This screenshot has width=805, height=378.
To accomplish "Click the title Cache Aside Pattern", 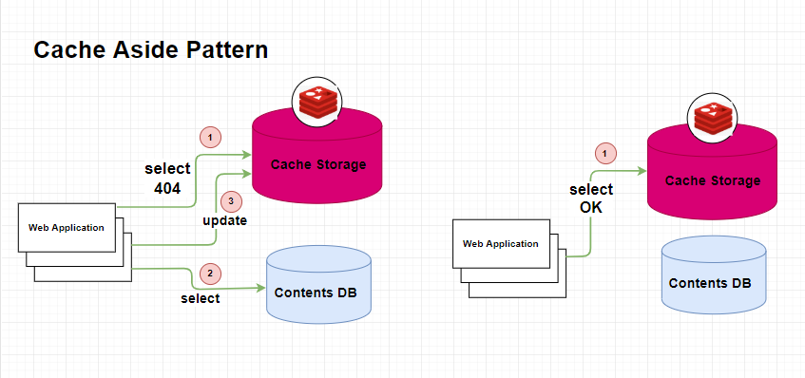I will point(150,50).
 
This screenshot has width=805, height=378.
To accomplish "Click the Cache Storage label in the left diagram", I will point(318,164).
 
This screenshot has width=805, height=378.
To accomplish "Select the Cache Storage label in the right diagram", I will point(713,180).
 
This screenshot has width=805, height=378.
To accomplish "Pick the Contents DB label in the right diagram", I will point(713,283).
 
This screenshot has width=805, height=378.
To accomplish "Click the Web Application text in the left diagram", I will point(66,227).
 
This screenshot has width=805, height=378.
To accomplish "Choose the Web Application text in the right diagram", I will point(500,243).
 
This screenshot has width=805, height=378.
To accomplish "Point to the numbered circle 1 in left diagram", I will point(209,138).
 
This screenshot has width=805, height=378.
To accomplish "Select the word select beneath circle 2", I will point(200,298).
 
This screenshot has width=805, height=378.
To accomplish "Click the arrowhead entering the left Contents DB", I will point(259,287).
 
